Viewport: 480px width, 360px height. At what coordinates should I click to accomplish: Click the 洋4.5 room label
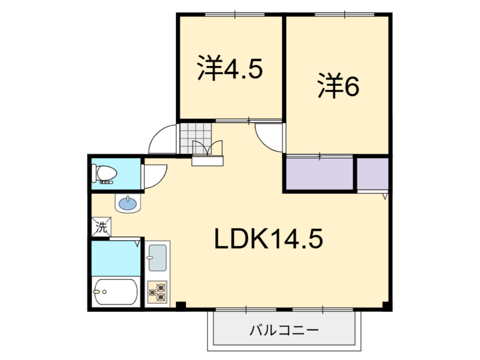(230, 68)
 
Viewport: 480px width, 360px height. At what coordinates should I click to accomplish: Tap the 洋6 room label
(338, 85)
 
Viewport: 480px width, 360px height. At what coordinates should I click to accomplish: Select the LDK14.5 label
(268, 239)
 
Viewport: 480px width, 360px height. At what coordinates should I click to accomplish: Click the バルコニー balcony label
(284, 330)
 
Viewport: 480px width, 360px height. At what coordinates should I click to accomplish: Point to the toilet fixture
(104, 174)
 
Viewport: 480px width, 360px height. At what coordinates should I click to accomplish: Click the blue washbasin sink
(128, 203)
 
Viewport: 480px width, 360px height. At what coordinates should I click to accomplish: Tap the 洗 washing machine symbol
(101, 227)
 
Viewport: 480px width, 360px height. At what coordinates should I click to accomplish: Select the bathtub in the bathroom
(115, 292)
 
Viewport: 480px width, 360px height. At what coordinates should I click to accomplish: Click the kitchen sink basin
(157, 258)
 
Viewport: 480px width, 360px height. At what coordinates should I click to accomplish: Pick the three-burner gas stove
(157, 292)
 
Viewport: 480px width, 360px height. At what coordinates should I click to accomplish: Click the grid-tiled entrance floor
(196, 138)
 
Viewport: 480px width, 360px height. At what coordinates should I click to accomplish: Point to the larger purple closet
(319, 174)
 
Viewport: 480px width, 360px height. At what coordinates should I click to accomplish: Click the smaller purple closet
(373, 174)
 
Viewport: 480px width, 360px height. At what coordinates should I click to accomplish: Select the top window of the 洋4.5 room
(235, 14)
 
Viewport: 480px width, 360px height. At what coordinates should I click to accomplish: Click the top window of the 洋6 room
(345, 14)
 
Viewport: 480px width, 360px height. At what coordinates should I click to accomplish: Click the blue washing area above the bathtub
(116, 259)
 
